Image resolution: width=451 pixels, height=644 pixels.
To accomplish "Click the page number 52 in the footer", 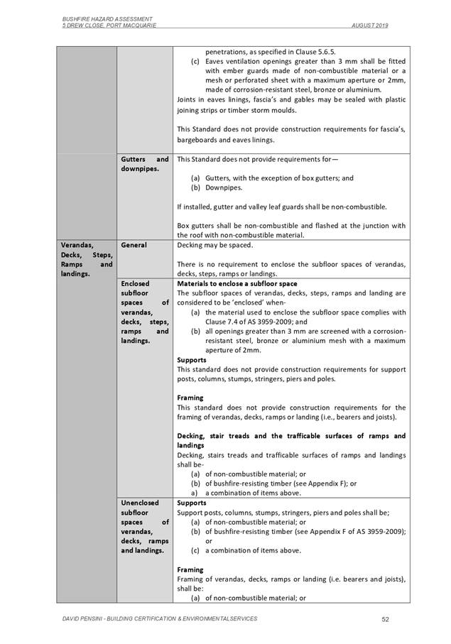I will [x=385, y=619].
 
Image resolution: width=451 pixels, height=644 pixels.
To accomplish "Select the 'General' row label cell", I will [x=134, y=245].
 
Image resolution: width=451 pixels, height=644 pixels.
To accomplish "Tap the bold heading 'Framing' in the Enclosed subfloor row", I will [x=190, y=398].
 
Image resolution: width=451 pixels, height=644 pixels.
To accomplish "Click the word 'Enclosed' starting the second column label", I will [x=136, y=283].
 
